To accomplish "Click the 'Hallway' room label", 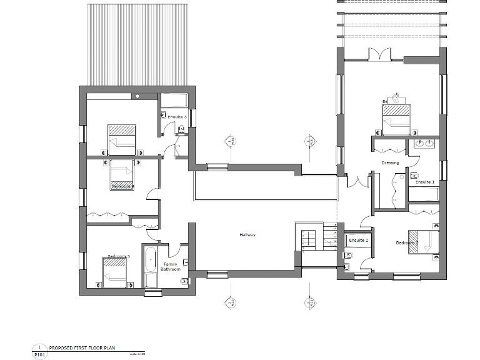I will (247, 235).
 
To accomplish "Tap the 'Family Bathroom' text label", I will (170, 266).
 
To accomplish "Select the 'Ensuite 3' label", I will (177, 117).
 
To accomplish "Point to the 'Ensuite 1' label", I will (425, 182).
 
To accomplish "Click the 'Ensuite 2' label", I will (358, 240).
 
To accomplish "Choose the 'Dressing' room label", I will (390, 162).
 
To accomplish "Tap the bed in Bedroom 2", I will (423, 242).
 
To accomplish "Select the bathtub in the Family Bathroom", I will (151, 267).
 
